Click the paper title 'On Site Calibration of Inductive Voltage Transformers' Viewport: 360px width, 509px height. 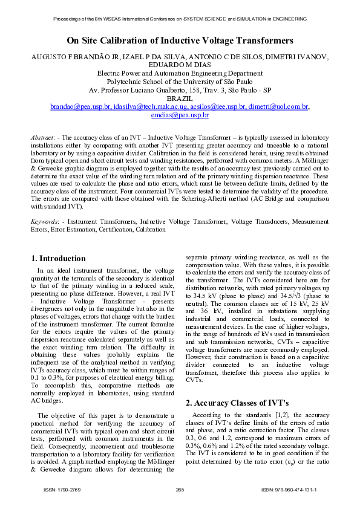pyautogui.click(x=180, y=41)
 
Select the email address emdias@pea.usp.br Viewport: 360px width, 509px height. pyautogui.click(x=180, y=115)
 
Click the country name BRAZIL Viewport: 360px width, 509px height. pyautogui.click(x=180, y=98)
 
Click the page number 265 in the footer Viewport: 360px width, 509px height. pyautogui.click(x=180, y=489)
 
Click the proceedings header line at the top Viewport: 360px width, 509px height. pyautogui.click(x=180, y=19)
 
